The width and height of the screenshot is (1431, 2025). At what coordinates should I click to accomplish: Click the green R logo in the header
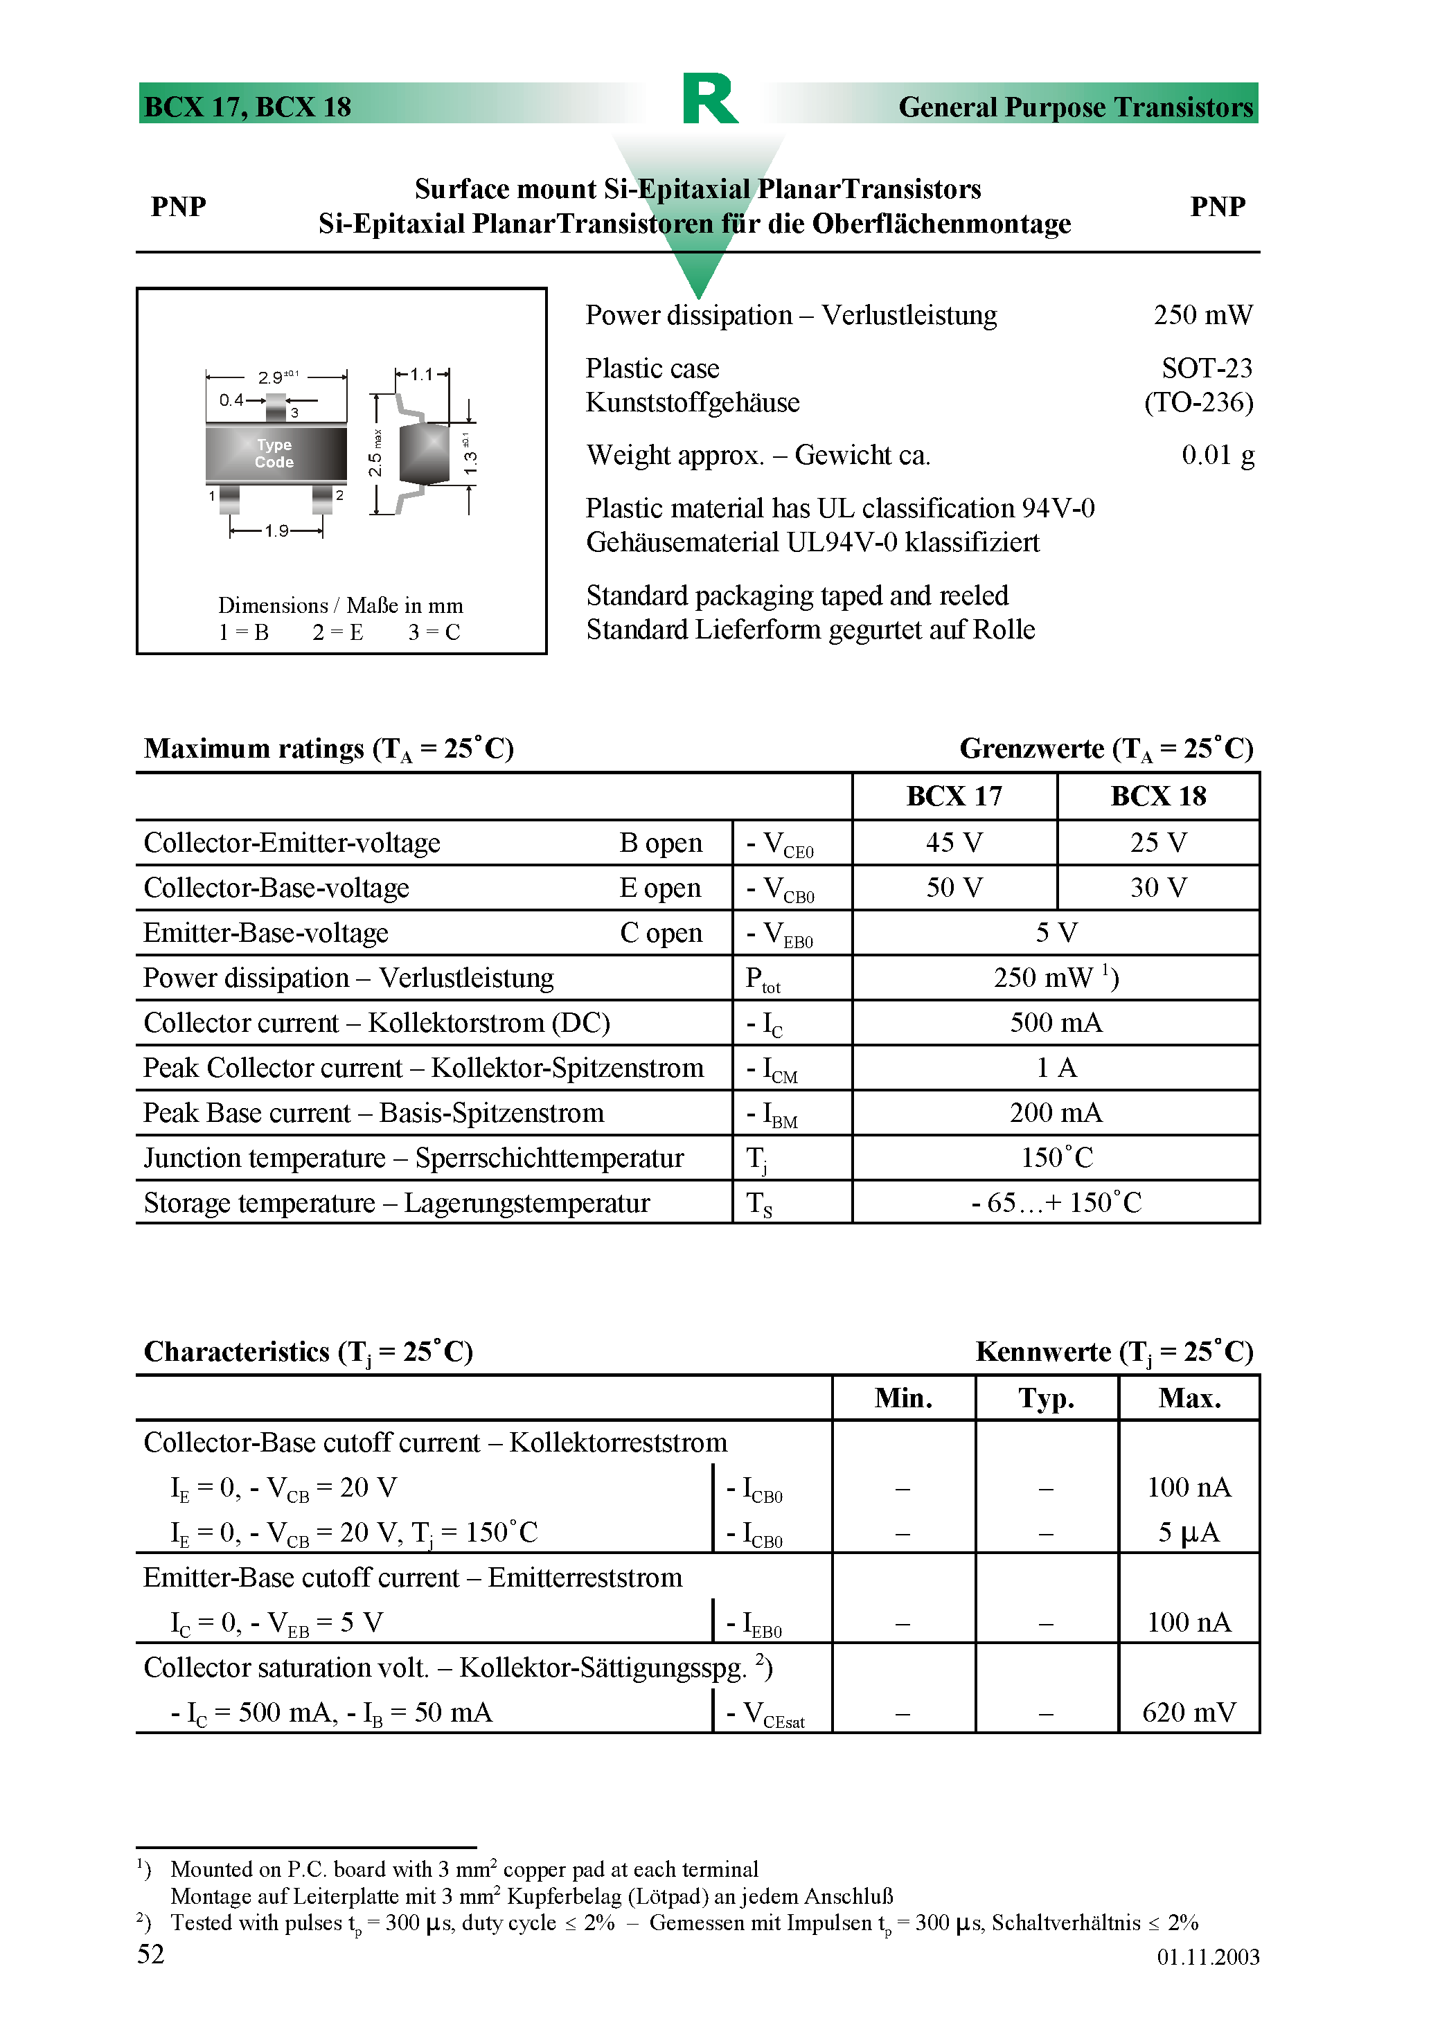(x=709, y=99)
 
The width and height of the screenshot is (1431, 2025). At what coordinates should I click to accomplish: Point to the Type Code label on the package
(x=274, y=454)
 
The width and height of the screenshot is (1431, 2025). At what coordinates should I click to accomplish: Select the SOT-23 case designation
(x=1206, y=368)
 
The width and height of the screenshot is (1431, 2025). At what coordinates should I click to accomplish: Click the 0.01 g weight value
(x=1216, y=455)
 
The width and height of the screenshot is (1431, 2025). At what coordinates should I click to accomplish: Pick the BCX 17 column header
(x=954, y=796)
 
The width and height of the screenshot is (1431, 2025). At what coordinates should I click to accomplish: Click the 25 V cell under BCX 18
(x=1157, y=842)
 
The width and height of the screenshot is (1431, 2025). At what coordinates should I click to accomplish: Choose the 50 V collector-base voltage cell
(x=954, y=887)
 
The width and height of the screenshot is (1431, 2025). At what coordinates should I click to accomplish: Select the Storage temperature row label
(x=396, y=1203)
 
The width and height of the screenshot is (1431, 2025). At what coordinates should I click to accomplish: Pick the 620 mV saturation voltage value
(x=1189, y=1713)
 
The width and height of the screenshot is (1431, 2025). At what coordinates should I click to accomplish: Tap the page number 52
(x=151, y=1954)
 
